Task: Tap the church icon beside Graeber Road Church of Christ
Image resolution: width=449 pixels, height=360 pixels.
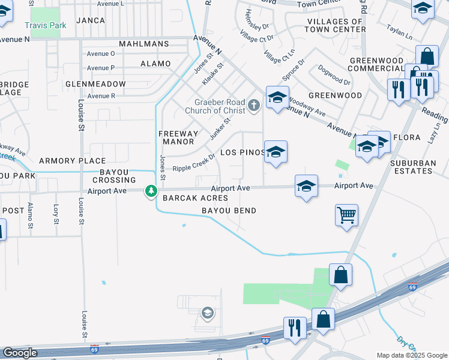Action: (254, 106)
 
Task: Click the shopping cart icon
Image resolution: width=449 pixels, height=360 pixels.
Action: (347, 214)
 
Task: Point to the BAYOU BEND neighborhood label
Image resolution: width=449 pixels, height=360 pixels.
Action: (229, 211)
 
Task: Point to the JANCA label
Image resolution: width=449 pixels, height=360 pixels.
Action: (91, 20)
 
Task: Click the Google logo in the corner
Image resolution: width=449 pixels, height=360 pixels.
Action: (20, 352)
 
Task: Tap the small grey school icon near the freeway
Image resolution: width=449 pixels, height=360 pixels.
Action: (207, 312)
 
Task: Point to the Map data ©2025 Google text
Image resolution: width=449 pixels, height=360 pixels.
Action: (412, 355)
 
